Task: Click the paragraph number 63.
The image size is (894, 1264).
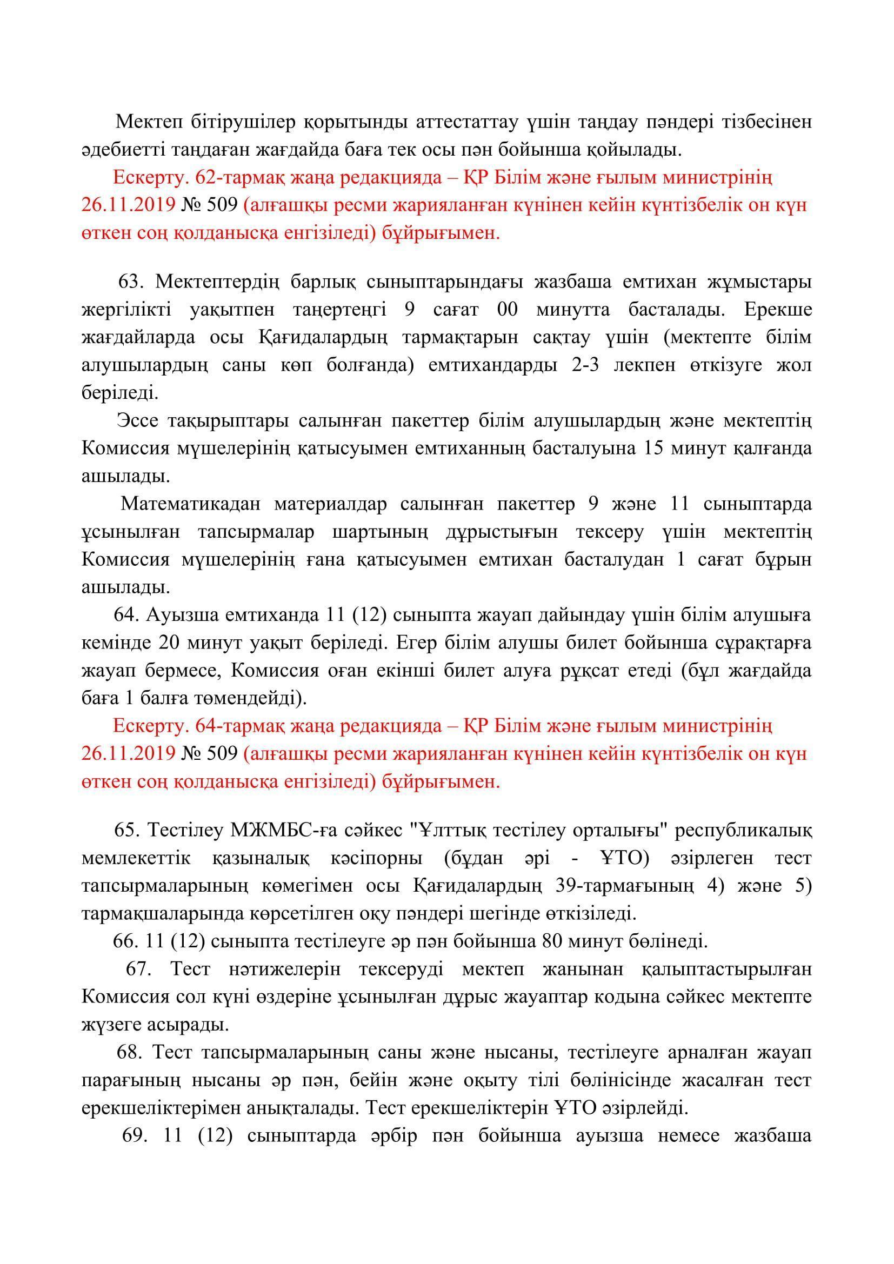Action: (130, 282)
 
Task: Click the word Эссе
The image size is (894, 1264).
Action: (138, 420)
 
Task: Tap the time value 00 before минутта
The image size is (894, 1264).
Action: (507, 310)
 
